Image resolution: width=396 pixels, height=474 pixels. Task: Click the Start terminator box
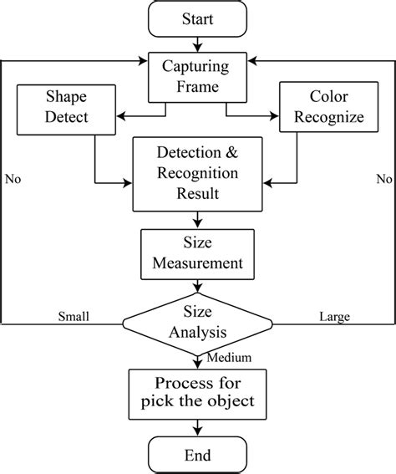click(x=198, y=18)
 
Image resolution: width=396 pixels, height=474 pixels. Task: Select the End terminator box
click(x=198, y=455)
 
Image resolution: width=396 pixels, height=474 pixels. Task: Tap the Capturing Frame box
click(x=198, y=74)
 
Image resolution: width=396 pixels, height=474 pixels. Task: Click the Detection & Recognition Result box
click(x=198, y=175)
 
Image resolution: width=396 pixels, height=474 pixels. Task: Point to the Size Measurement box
click(x=198, y=252)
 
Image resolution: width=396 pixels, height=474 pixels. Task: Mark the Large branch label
click(x=334, y=317)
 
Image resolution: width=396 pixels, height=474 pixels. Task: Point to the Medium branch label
click(x=224, y=359)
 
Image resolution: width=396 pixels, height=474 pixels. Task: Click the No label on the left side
click(x=13, y=178)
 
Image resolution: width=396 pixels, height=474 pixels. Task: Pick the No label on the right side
click(x=383, y=178)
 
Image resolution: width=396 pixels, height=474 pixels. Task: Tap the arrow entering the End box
click(x=198, y=427)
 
